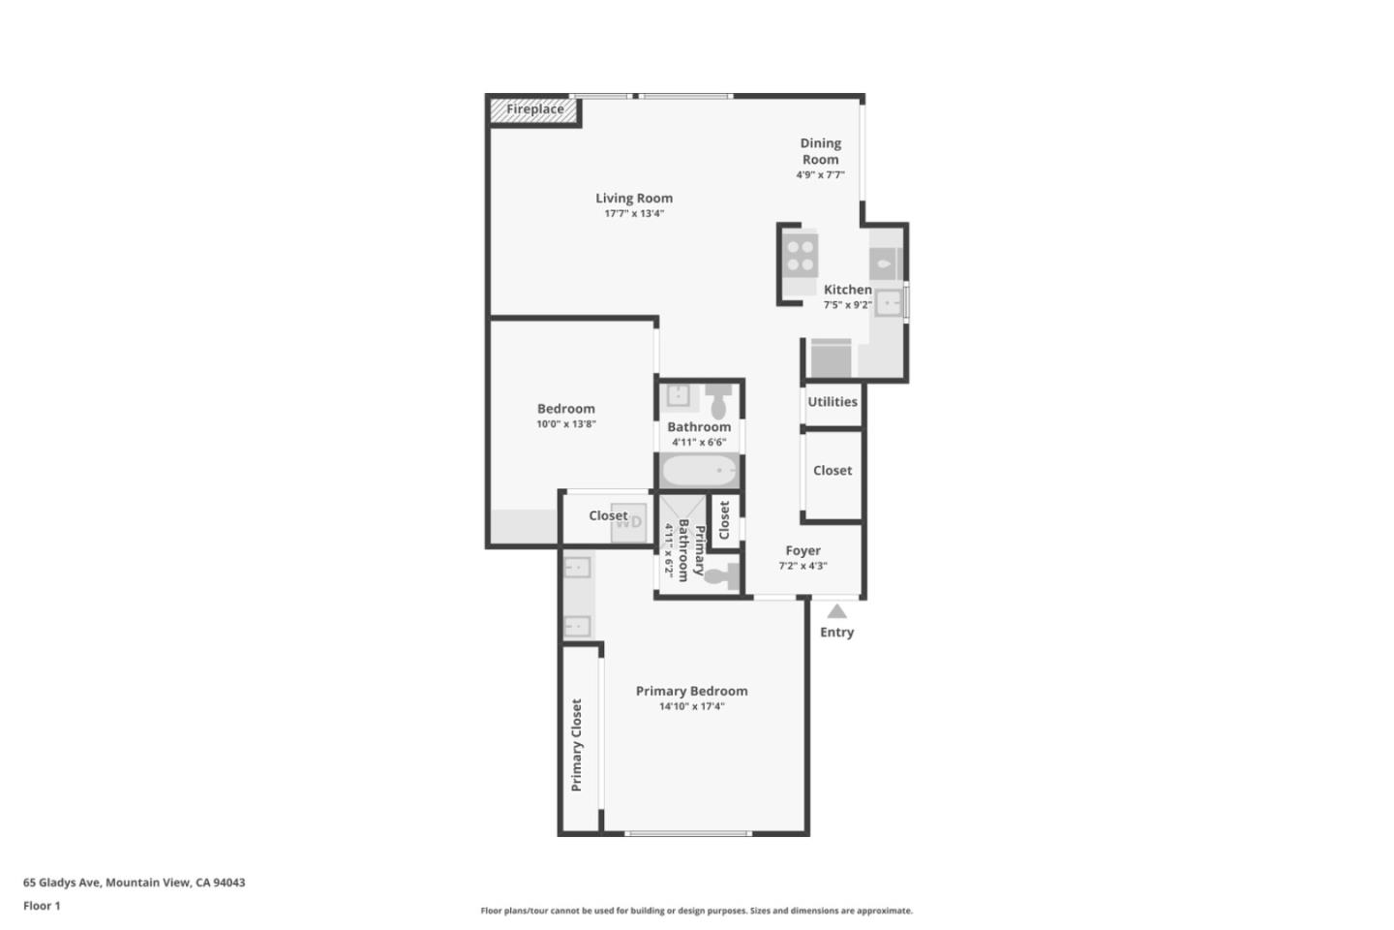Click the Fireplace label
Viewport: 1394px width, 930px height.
(534, 109)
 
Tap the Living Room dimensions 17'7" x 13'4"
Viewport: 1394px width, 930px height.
(634, 214)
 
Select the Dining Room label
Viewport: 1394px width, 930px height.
(820, 151)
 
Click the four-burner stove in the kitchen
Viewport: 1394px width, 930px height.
(801, 256)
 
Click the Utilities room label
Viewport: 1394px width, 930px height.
(833, 402)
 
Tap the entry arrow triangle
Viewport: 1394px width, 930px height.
(837, 611)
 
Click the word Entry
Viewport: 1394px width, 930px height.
(836, 633)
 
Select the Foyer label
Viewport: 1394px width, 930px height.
(803, 550)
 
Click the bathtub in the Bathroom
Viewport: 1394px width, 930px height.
(699, 470)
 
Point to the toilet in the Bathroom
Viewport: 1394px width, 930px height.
(718, 401)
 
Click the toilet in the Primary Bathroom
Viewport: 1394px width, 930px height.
(723, 576)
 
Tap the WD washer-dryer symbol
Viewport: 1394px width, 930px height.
(628, 522)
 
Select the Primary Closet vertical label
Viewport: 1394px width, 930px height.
(576, 745)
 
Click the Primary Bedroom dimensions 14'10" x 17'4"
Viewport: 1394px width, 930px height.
(691, 706)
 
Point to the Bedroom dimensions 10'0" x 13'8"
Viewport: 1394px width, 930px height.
(566, 424)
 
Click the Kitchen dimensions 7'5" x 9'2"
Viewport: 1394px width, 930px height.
(848, 305)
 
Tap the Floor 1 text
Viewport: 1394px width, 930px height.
(42, 906)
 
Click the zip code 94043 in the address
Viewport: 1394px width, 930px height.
(229, 882)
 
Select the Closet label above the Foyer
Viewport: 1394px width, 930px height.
(833, 470)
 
